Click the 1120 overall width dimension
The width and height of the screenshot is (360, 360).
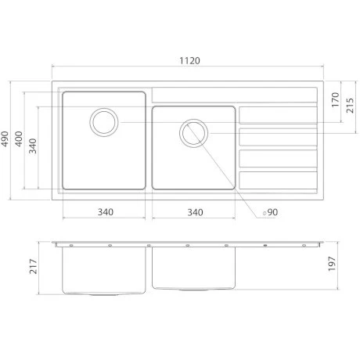[x=189, y=61]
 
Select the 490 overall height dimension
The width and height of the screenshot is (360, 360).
[x=5, y=139]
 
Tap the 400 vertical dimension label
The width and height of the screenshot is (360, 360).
[x=19, y=139]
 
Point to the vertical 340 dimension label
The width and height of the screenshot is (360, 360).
[x=33, y=146]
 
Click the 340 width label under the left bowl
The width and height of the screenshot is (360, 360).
[x=106, y=212]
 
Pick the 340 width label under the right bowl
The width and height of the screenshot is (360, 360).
[x=195, y=212]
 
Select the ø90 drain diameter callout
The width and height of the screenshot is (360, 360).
[x=270, y=212]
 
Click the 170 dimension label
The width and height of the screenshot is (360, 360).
[x=336, y=99]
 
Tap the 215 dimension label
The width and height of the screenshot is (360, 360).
[x=350, y=106]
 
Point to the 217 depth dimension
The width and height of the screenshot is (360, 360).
[x=33, y=266]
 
